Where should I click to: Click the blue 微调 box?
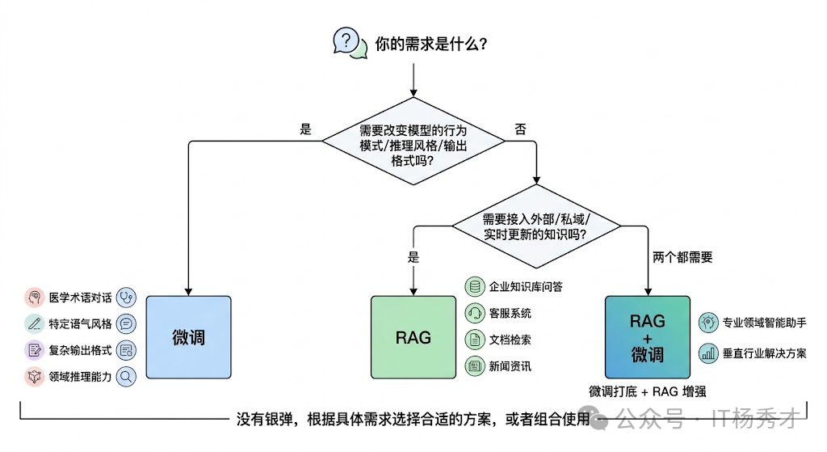click(x=188, y=337)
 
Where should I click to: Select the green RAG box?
click(x=413, y=337)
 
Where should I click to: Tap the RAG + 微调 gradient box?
click(x=647, y=337)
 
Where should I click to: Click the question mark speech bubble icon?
click(x=346, y=41)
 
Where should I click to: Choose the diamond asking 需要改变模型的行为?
click(x=413, y=145)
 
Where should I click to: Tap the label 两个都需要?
click(x=682, y=258)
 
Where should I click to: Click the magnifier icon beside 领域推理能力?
click(x=126, y=376)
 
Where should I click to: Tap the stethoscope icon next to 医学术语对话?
click(x=126, y=298)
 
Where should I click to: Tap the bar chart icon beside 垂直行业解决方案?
click(x=708, y=353)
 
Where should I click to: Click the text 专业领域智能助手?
click(x=763, y=322)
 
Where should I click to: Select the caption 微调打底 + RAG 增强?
click(x=648, y=391)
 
